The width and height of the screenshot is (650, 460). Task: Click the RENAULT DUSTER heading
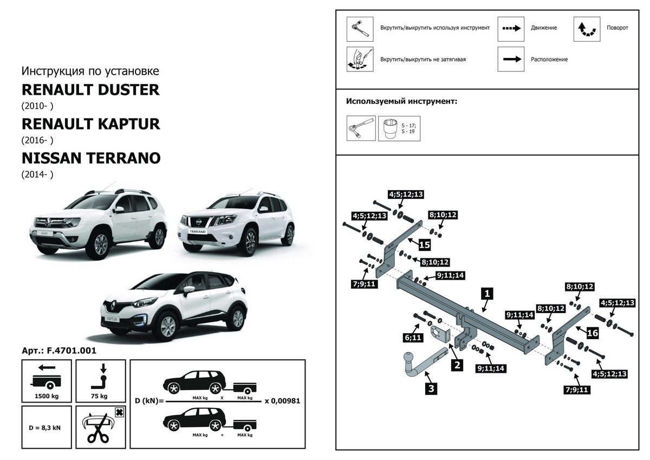[x=90, y=89]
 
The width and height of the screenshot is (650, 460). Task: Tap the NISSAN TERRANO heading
[x=91, y=158]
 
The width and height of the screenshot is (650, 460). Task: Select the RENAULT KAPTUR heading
[x=91, y=124]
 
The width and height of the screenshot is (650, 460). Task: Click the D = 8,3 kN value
[x=45, y=427]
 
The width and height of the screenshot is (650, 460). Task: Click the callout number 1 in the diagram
[x=487, y=294]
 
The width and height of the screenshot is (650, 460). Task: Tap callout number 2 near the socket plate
[x=457, y=365]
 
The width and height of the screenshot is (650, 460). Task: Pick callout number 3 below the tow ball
[x=431, y=387]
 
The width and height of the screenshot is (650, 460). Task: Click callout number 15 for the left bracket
[x=424, y=245]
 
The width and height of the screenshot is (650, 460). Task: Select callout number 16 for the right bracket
[x=593, y=333]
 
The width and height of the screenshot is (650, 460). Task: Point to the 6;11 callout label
[x=412, y=338]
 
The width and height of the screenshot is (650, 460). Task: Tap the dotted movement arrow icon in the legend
[x=511, y=28]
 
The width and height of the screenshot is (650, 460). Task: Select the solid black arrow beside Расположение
[x=511, y=59]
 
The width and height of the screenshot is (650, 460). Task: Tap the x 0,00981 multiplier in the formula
[x=282, y=401]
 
